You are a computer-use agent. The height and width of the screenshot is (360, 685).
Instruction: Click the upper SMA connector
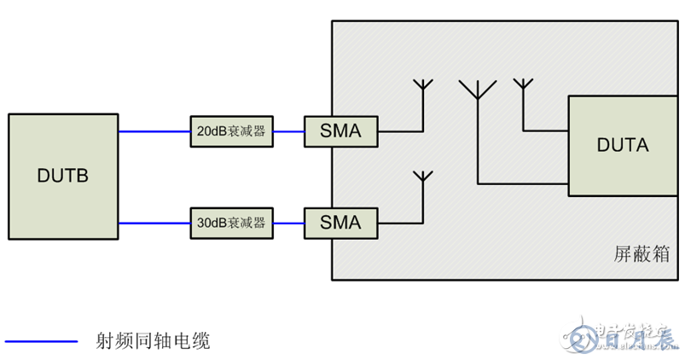pos(340,132)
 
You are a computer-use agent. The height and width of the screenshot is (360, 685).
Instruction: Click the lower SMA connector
pos(340,224)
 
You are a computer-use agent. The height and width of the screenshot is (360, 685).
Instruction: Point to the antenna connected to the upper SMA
pos(422,89)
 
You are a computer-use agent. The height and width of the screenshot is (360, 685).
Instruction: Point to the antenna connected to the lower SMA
pos(421,181)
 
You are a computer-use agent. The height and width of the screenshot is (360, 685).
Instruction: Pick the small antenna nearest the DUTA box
pos(523,85)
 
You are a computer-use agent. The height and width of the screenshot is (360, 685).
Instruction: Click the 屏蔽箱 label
pos(641,254)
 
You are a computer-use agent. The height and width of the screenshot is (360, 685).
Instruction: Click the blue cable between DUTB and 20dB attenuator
pos(154,132)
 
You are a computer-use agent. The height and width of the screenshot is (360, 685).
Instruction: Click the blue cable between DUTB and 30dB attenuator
pos(154,224)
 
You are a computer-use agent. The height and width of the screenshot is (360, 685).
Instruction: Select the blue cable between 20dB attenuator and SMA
pos(289,132)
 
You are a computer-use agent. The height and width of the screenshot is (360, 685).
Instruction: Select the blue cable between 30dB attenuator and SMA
pos(289,224)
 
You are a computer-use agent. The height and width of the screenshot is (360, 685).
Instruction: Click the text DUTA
pos(622,145)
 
